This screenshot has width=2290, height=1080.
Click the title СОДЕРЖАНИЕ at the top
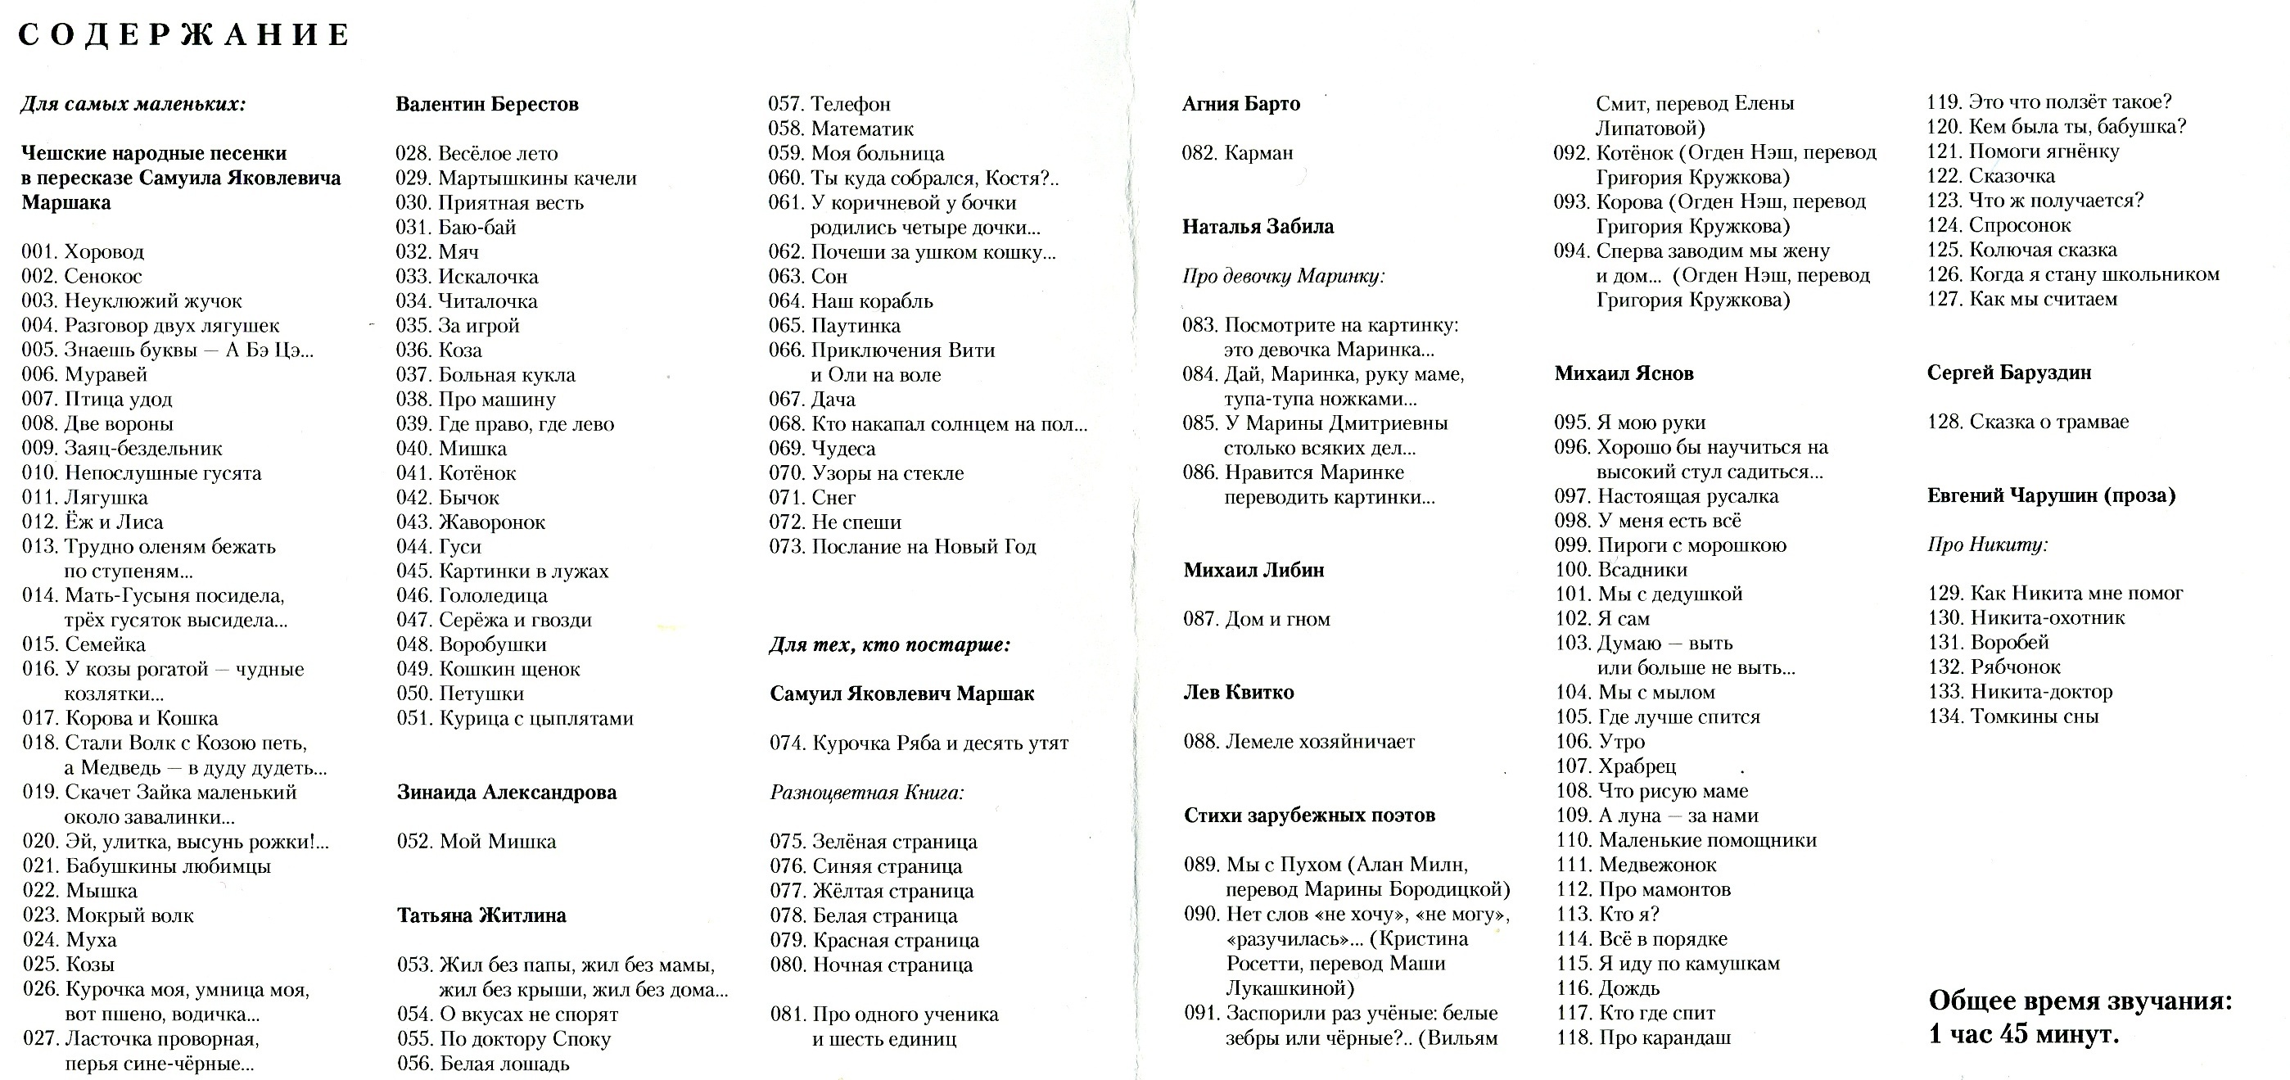pos(184,35)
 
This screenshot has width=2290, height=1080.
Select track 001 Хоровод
pos(83,251)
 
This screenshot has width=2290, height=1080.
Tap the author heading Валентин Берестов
pos(486,104)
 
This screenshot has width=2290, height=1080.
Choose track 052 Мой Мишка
pos(477,841)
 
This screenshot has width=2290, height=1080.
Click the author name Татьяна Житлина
pos(481,915)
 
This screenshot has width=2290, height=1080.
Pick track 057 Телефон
pos(829,104)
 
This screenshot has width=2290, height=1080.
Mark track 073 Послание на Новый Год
pos(902,547)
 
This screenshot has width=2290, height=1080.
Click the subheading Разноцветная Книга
pos(867,792)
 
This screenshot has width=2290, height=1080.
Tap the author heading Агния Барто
pos(1240,104)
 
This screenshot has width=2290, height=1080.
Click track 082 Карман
pos(1237,153)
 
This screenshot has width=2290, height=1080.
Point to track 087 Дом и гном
pos(1256,619)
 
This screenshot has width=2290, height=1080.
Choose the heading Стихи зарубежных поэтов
pos(1308,815)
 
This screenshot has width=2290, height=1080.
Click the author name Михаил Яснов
pos(1624,373)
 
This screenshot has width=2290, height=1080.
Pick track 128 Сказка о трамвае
pos(2028,422)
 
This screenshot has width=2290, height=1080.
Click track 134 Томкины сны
pos(2012,716)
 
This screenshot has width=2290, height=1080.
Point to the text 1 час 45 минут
pos(2023,1035)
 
